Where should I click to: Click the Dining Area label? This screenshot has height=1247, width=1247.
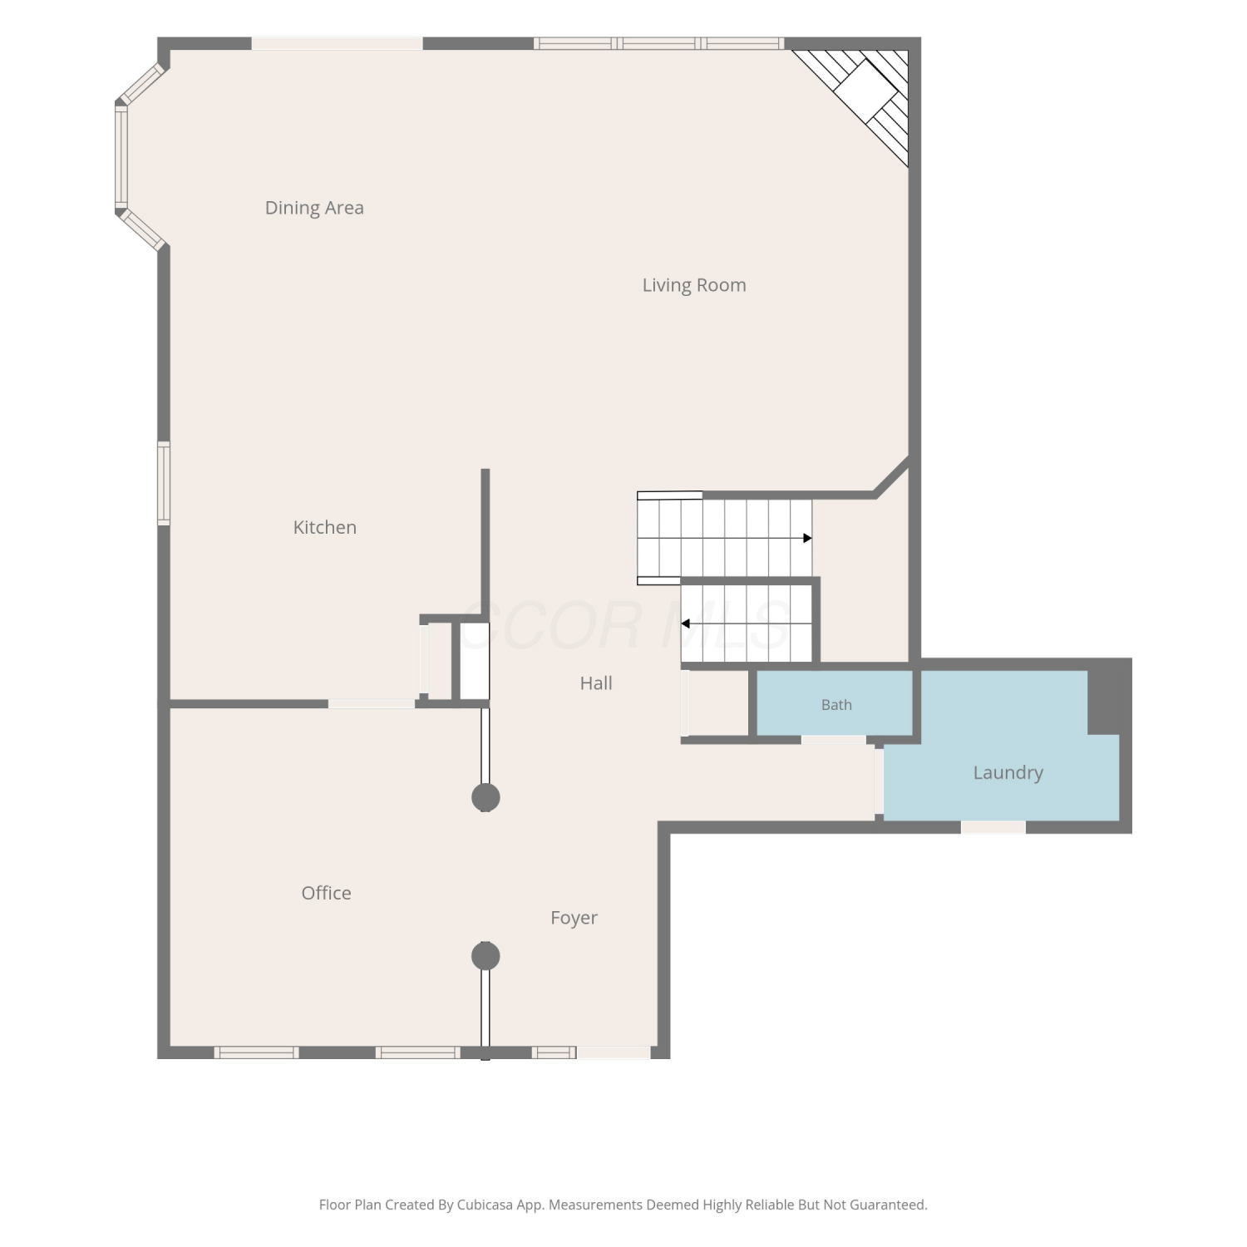[314, 208]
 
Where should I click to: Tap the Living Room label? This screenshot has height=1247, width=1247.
[694, 285]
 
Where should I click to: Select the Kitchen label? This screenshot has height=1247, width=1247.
[324, 527]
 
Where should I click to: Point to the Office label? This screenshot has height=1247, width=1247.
[326, 893]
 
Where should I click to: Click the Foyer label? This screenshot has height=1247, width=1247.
[574, 918]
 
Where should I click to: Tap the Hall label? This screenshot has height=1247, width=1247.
[596, 683]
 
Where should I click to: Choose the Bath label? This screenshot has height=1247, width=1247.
[836, 705]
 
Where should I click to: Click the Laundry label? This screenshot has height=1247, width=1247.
[1008, 772]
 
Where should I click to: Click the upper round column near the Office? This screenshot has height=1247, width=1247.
[485, 797]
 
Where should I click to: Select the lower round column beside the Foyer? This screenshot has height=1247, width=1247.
[485, 956]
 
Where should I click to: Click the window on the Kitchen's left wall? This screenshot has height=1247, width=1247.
[164, 483]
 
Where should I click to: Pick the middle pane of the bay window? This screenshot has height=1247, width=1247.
[121, 157]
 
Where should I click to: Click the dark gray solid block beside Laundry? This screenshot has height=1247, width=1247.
[1110, 697]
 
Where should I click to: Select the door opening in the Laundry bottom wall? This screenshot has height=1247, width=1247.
[993, 827]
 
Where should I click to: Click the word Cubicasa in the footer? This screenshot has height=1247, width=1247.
[485, 1205]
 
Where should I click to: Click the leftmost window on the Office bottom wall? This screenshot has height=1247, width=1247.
[256, 1052]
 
